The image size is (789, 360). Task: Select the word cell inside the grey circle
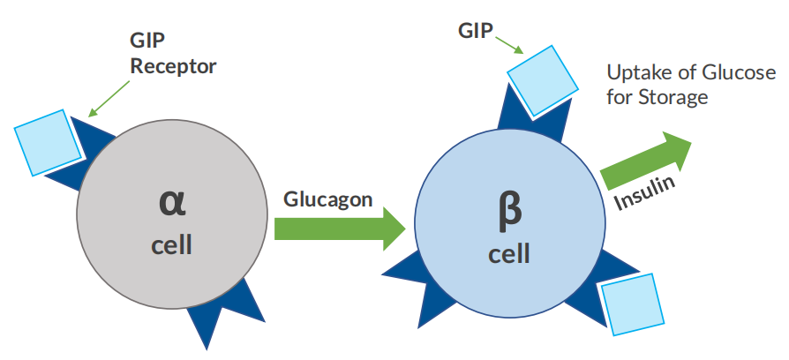[x=171, y=244]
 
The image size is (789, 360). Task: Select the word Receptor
[x=173, y=65]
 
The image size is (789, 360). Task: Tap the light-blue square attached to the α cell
[x=47, y=142]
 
